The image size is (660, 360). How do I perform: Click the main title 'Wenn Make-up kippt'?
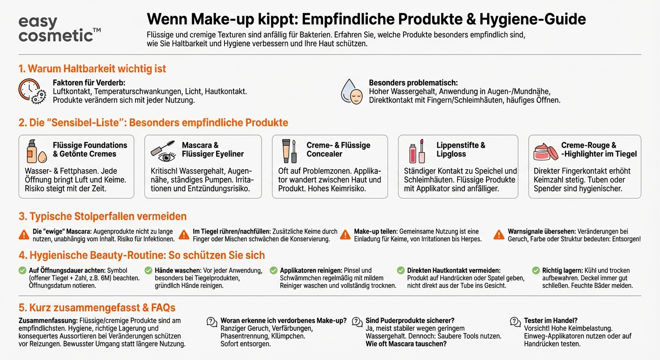pyautogui.click(x=366, y=19)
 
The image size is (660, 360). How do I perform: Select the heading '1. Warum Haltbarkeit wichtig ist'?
pyautogui.click(x=92, y=69)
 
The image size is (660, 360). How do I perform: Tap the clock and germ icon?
pyautogui.click(x=32, y=91)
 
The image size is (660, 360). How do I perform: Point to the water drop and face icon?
pyautogui.click(x=352, y=91)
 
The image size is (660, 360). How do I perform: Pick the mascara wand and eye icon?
pyautogui.click(x=163, y=150)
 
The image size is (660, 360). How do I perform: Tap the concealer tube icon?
pyautogui.click(x=289, y=150)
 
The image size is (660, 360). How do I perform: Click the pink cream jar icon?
pyautogui.click(x=546, y=151)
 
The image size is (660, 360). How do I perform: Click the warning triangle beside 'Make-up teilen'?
pyautogui.click(x=345, y=235)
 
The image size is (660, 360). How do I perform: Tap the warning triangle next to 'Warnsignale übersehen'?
pyautogui.click(x=499, y=235)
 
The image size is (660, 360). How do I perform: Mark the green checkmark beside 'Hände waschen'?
pyautogui.click(x=148, y=270)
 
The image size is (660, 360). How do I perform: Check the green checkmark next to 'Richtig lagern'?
pyautogui.click(x=536, y=270)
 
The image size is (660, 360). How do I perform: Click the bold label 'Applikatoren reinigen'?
pyautogui.click(x=311, y=270)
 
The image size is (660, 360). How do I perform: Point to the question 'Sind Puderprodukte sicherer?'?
pyautogui.click(x=410, y=321)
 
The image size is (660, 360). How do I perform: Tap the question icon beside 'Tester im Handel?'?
pyautogui.click(x=516, y=322)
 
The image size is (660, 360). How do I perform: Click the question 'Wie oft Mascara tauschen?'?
pyautogui.click(x=406, y=344)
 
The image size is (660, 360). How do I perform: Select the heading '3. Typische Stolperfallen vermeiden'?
pyautogui.click(x=102, y=216)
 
